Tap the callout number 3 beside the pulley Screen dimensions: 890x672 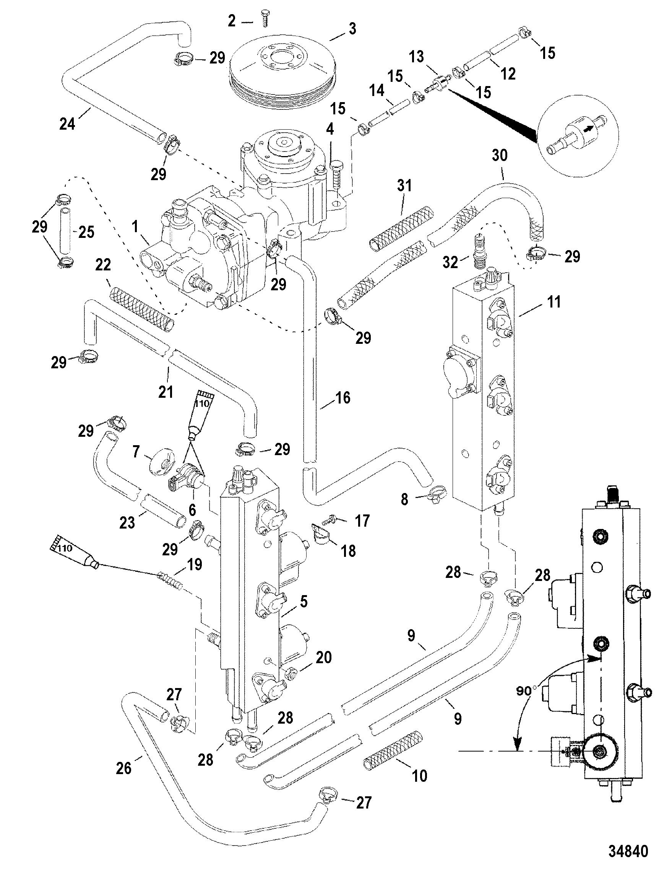352,29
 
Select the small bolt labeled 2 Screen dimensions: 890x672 265,19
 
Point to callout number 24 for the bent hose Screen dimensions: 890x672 67,124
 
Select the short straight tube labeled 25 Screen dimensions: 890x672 65,235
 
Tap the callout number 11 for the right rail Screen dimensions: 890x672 554,301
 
